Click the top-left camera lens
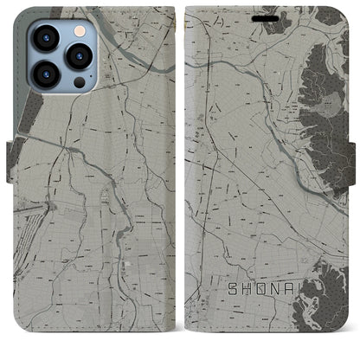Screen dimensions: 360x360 (46, 39)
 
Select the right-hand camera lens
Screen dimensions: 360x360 (80, 55)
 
